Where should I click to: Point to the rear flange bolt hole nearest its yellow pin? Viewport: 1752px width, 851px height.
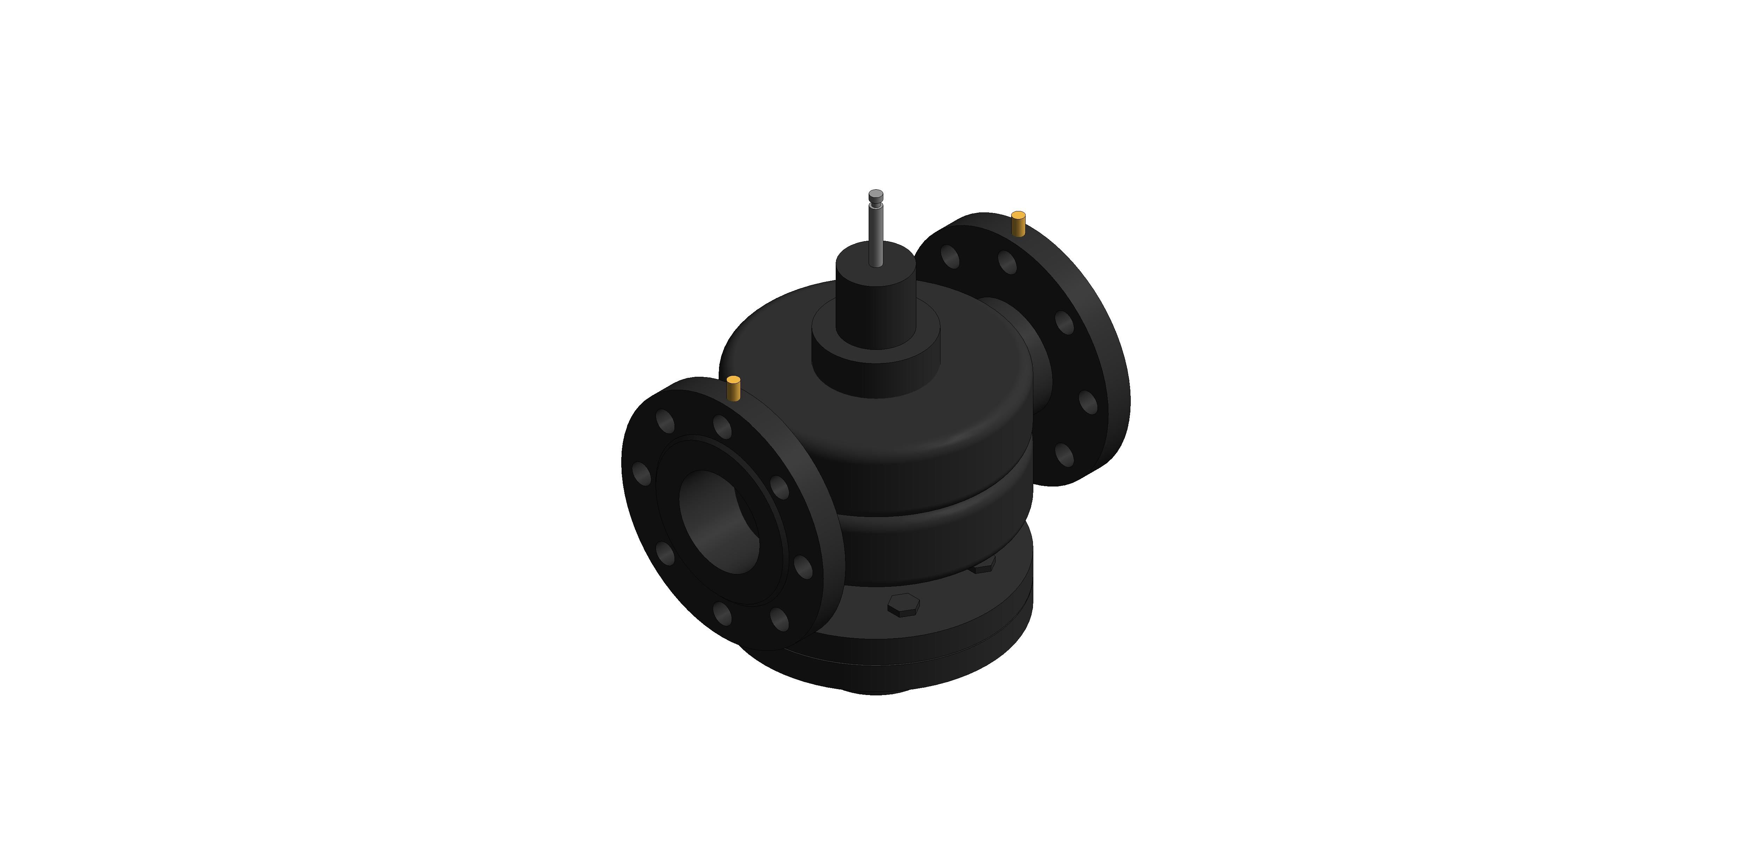pos(1007,262)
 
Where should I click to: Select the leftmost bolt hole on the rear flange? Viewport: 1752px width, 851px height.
pos(950,257)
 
